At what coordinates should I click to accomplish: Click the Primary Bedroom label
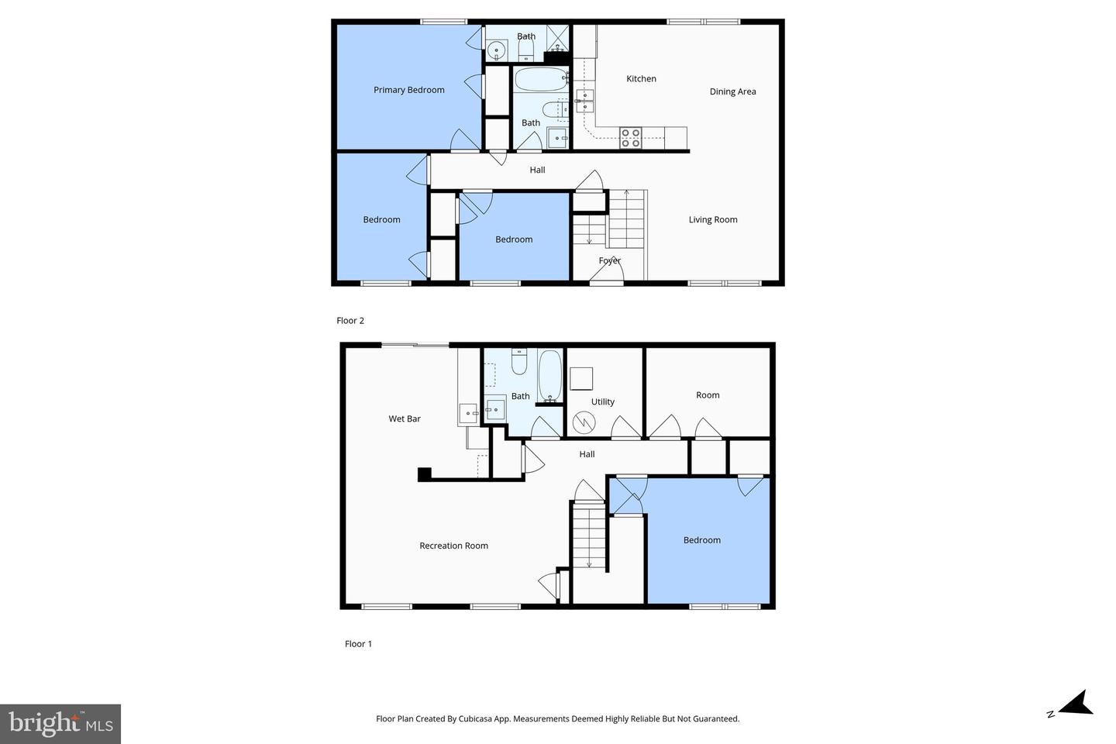pos(408,90)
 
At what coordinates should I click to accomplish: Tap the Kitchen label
pos(641,79)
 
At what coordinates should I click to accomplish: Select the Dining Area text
pos(732,91)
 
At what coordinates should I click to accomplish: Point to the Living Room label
pos(713,220)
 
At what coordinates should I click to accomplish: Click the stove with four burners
pos(630,138)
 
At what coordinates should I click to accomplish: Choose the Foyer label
pos(609,261)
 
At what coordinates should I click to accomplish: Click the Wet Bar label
pos(404,419)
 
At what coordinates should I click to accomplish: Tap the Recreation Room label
pos(453,546)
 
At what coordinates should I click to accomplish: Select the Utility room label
pos(602,402)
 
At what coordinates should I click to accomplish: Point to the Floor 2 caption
pos(350,321)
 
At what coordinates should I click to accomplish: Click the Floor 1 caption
pos(358,644)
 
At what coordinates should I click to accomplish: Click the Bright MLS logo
pos(60,724)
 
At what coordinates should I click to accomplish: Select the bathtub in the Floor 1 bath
pos(549,377)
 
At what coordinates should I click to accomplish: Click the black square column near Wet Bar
pos(424,474)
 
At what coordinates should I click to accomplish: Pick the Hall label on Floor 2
pos(537,170)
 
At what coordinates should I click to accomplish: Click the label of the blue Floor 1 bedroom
pos(701,541)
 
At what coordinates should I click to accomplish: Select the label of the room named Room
pos(707,395)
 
